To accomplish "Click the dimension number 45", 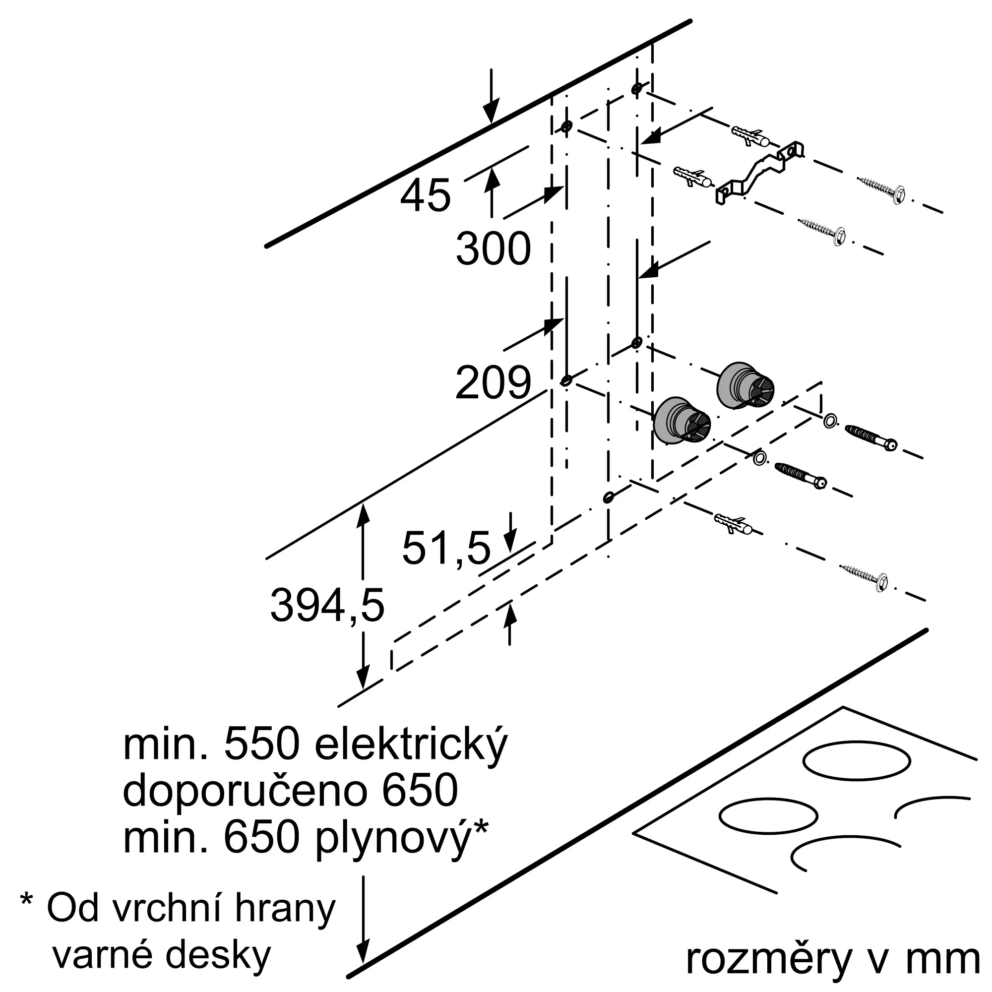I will tap(425, 195).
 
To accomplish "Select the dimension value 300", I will tap(493, 249).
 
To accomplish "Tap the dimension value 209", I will tap(493, 382).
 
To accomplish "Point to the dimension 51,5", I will tap(446, 549).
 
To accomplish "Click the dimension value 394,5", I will tap(327, 606).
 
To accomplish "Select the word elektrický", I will tap(411, 747).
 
